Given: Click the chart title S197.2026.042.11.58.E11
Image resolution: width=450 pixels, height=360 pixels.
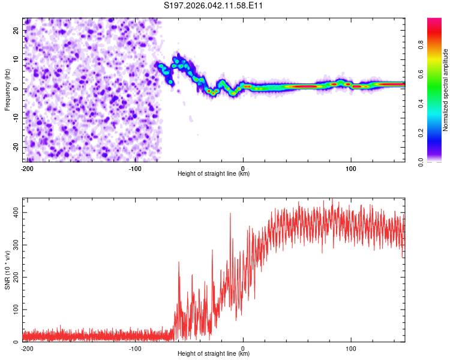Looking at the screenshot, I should tap(214, 5).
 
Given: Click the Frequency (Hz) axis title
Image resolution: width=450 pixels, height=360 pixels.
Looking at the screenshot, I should tap(7, 90).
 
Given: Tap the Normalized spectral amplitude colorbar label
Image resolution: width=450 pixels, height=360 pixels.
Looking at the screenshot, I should tap(446, 90).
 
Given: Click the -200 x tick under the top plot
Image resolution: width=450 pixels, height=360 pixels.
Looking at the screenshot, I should tap(26, 168).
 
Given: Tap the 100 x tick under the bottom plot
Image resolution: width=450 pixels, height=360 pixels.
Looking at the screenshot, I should tap(351, 348).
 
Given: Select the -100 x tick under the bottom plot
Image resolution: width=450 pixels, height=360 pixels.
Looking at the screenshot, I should tap(134, 348).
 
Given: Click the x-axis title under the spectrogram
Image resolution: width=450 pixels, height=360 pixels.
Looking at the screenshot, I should tap(214, 174).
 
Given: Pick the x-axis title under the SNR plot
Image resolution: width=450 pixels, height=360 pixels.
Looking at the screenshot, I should tap(214, 354).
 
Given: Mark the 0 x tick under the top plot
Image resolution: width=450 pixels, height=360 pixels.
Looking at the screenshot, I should tap(243, 168).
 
